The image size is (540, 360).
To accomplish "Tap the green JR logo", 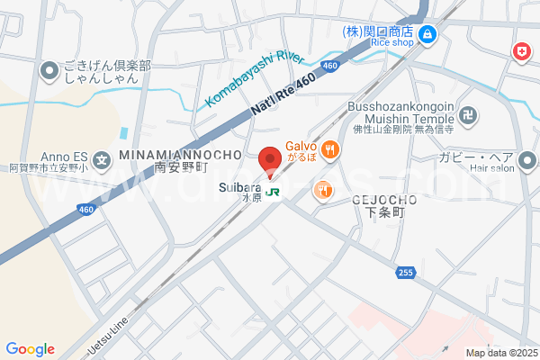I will [x=272, y=192].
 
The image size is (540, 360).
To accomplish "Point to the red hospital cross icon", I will [x=520, y=53].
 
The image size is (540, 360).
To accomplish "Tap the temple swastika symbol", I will [x=466, y=115].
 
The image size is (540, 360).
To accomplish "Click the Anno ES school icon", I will [x=103, y=163].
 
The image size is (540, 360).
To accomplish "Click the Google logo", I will [x=30, y=348].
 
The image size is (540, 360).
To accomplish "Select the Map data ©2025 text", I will [x=499, y=353].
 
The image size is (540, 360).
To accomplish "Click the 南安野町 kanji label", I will [x=181, y=167].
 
